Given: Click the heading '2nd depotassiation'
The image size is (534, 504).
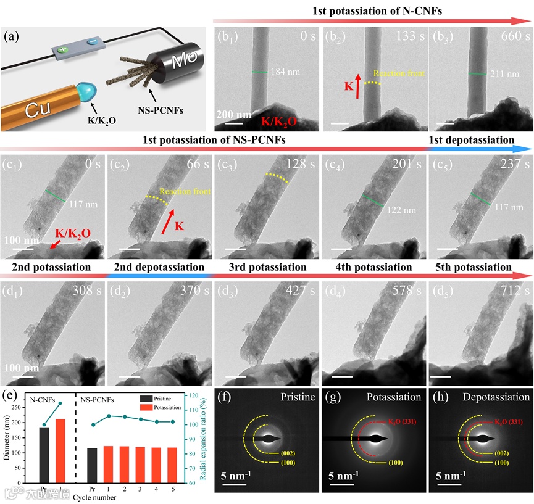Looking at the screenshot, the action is [159, 268].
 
